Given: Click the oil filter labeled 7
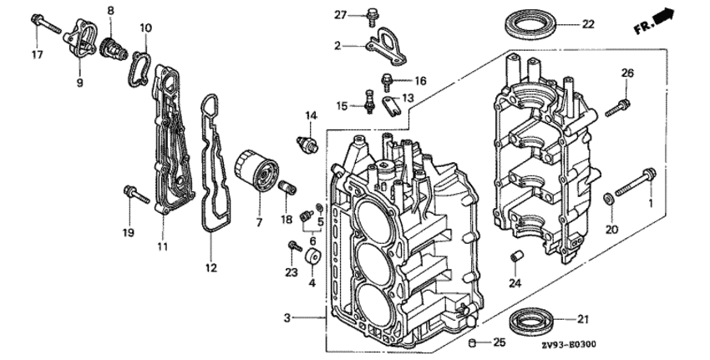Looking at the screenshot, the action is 256,174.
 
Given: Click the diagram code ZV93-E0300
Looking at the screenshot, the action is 570,345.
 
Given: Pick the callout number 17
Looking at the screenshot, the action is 37,55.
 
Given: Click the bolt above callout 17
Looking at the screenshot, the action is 46,24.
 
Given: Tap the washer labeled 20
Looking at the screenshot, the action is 609,198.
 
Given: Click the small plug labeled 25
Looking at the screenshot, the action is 474,342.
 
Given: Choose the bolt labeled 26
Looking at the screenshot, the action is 617,107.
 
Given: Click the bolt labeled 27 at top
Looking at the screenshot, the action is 373,17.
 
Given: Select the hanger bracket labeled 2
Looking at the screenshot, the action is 385,47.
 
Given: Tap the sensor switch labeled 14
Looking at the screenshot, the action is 307,143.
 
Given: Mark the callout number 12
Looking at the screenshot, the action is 211,267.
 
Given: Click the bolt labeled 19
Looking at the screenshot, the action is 136,195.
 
